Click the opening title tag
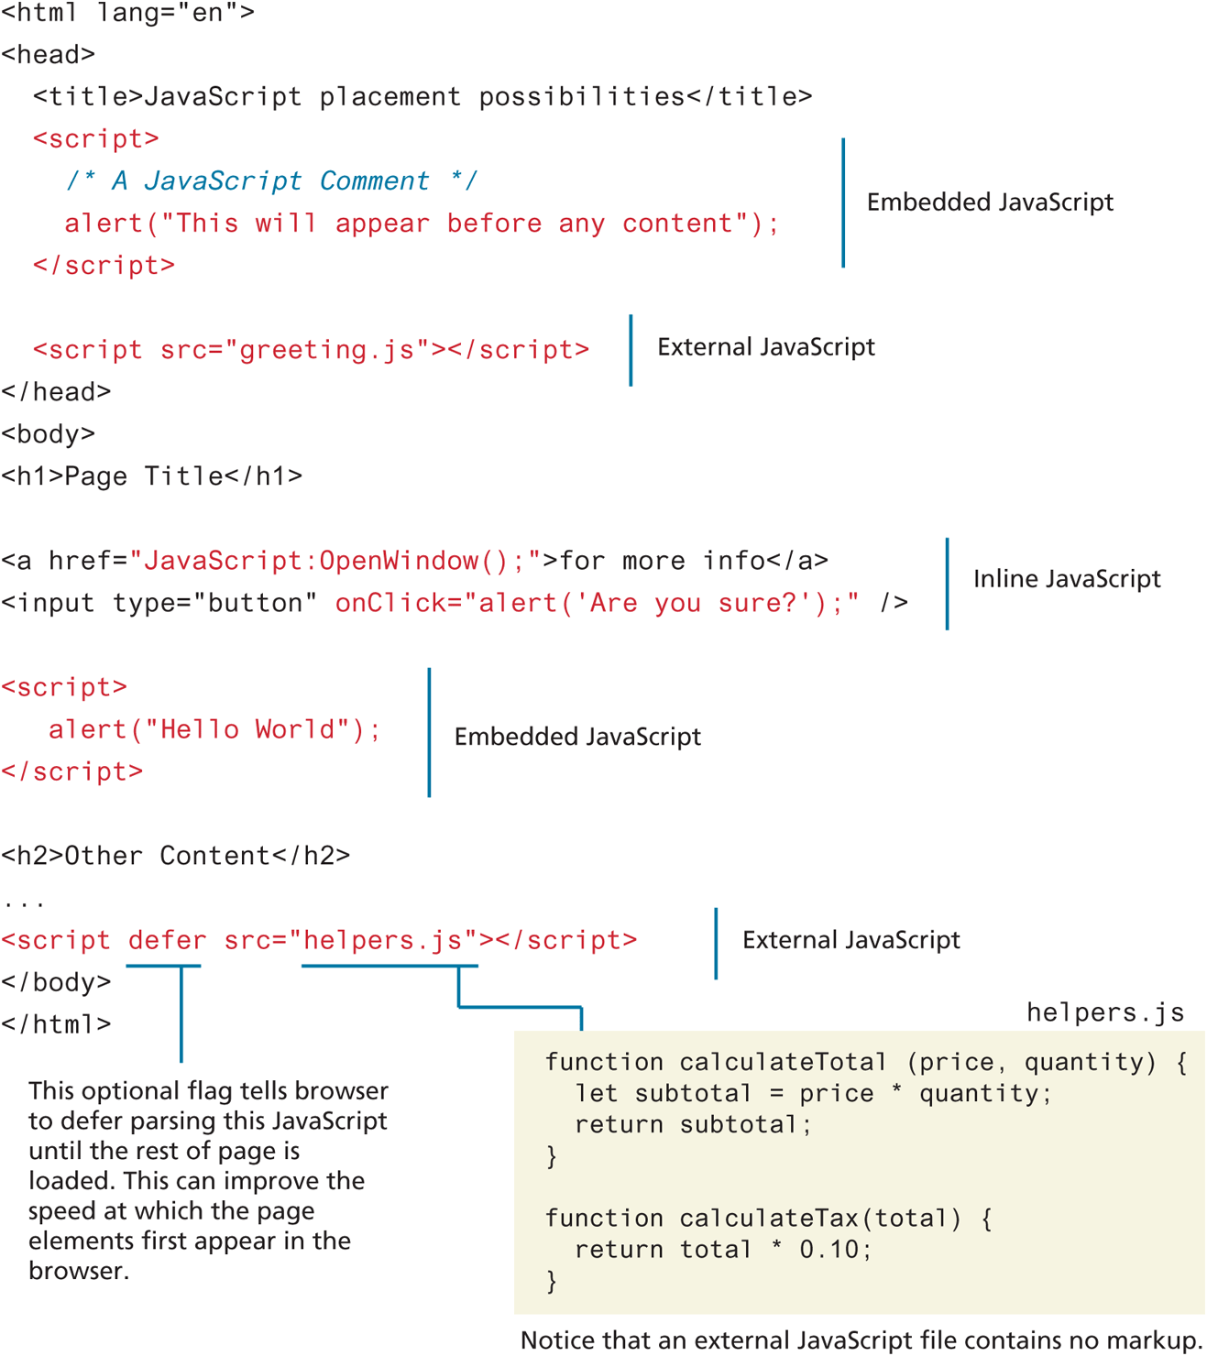(88, 97)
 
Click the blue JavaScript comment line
(271, 180)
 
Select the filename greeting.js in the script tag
(327, 350)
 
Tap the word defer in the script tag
(167, 941)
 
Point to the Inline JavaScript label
(1066, 579)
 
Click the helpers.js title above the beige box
(1104, 1012)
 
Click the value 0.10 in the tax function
(830, 1250)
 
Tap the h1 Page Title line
(152, 476)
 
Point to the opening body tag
(49, 434)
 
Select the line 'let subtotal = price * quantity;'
(813, 1094)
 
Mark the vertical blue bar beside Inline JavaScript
(947, 584)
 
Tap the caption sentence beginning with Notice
(861, 1340)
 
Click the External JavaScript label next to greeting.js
(765, 347)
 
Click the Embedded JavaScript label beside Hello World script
(577, 737)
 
